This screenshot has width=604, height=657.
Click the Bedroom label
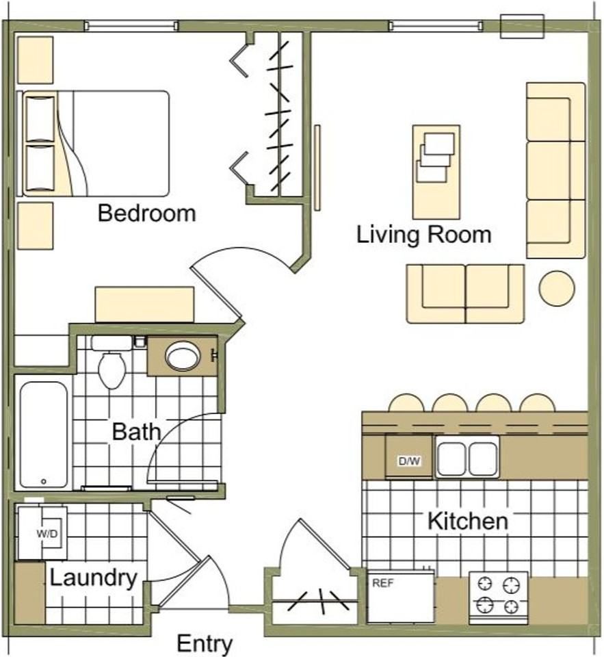click(146, 213)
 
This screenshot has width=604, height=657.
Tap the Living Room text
click(423, 234)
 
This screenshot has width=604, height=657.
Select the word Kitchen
click(468, 521)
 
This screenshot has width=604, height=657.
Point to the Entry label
click(205, 643)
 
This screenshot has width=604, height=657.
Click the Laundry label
click(94, 578)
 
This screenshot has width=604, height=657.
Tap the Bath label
click(137, 432)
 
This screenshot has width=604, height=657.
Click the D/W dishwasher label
click(409, 461)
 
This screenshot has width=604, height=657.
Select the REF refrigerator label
click(383, 583)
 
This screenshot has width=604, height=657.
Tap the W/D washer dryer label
click(47, 534)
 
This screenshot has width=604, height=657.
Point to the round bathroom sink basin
click(183, 356)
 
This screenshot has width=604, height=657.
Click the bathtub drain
click(44, 481)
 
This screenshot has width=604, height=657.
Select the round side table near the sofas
click(557, 288)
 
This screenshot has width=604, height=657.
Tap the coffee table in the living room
click(436, 172)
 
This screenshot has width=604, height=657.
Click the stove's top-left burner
click(486, 584)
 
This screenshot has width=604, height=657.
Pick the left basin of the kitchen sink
click(451, 459)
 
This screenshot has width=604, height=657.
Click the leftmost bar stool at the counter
click(406, 403)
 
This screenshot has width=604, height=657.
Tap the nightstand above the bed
click(35, 60)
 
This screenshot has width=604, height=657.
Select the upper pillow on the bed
click(40, 119)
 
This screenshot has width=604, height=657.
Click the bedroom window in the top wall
click(131, 25)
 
